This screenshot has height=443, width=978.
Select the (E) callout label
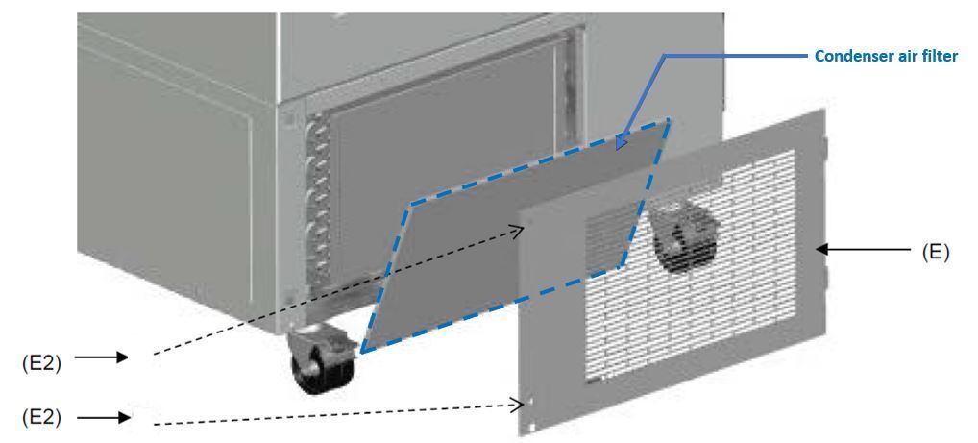coord(935,252)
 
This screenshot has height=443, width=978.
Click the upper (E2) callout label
coord(41,363)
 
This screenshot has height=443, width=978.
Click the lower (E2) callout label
coord(41,417)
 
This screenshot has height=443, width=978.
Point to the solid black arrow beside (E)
coord(864,250)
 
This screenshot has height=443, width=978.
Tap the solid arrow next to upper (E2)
coord(101,357)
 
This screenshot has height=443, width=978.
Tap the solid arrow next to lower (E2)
coord(102,417)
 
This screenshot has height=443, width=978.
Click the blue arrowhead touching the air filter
coord(621,141)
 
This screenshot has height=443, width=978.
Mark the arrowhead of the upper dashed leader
coord(519,233)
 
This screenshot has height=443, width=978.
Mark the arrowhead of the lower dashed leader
coord(518,406)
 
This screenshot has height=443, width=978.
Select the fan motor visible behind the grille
coord(683,237)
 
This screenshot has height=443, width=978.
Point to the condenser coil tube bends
coord(319,200)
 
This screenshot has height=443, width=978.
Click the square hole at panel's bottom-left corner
coord(531,428)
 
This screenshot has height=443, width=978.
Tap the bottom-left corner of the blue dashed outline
coord(362,353)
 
